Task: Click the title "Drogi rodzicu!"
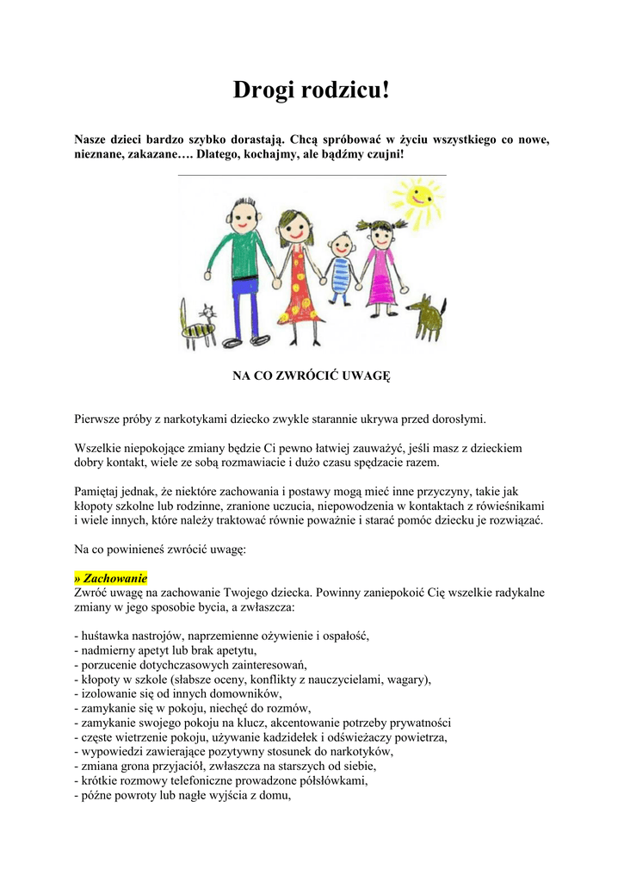312,89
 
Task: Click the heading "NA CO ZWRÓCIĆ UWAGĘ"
312,376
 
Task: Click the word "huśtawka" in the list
102,636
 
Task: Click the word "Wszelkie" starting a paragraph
97,449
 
